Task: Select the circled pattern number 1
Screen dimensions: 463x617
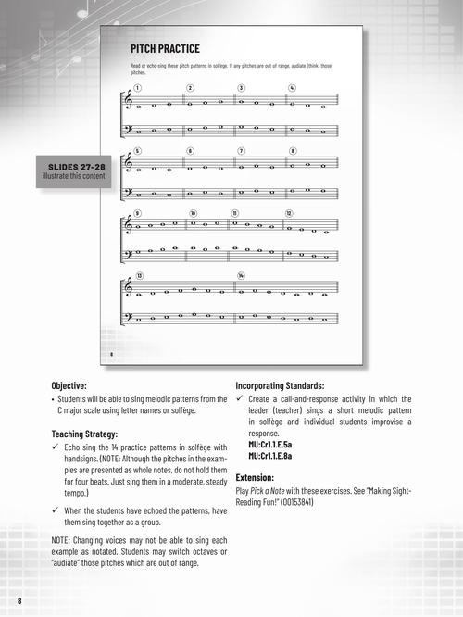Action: (x=136, y=88)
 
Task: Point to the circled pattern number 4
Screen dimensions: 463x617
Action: (x=292, y=88)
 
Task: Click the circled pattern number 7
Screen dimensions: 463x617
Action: (x=241, y=150)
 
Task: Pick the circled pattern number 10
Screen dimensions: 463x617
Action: (x=194, y=213)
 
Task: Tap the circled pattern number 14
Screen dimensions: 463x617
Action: (x=241, y=275)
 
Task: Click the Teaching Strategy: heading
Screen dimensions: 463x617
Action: (x=91, y=434)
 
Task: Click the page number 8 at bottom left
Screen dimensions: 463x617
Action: (x=19, y=603)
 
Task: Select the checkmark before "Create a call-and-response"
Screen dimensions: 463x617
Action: (x=240, y=399)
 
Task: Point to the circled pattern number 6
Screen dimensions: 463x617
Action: (x=190, y=150)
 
